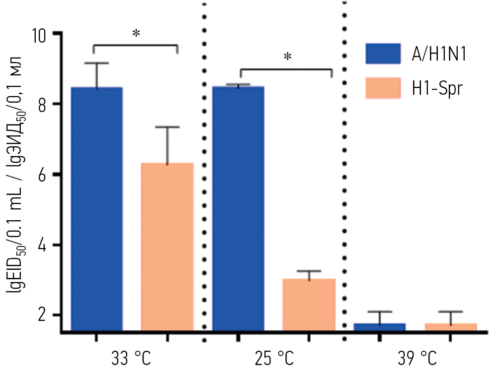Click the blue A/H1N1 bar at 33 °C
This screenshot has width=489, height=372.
coord(97,208)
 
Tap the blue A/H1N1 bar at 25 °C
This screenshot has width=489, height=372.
coord(238,208)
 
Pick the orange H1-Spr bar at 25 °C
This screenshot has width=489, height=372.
coord(309,305)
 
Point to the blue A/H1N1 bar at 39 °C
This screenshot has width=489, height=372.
coord(379,327)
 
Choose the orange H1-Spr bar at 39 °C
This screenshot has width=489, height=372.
coord(450,327)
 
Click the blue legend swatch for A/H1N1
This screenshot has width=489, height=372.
coord(383,54)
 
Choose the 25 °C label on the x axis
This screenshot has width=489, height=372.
coord(273,358)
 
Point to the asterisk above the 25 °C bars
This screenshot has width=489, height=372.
coord(287,58)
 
